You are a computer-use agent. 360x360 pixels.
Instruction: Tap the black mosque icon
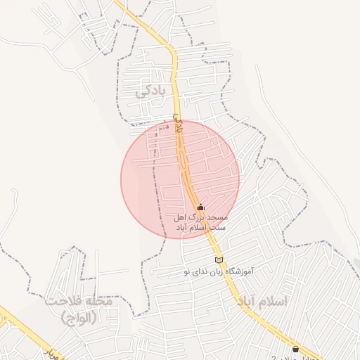(200, 207)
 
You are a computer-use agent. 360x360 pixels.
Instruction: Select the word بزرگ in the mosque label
(204, 219)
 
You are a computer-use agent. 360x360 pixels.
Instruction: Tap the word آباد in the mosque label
(182, 229)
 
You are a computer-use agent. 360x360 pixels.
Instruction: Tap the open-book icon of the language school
(219, 261)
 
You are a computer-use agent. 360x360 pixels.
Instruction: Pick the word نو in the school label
(186, 271)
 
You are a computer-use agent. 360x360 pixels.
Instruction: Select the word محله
(98, 302)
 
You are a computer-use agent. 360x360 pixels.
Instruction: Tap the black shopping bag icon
(295, 349)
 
